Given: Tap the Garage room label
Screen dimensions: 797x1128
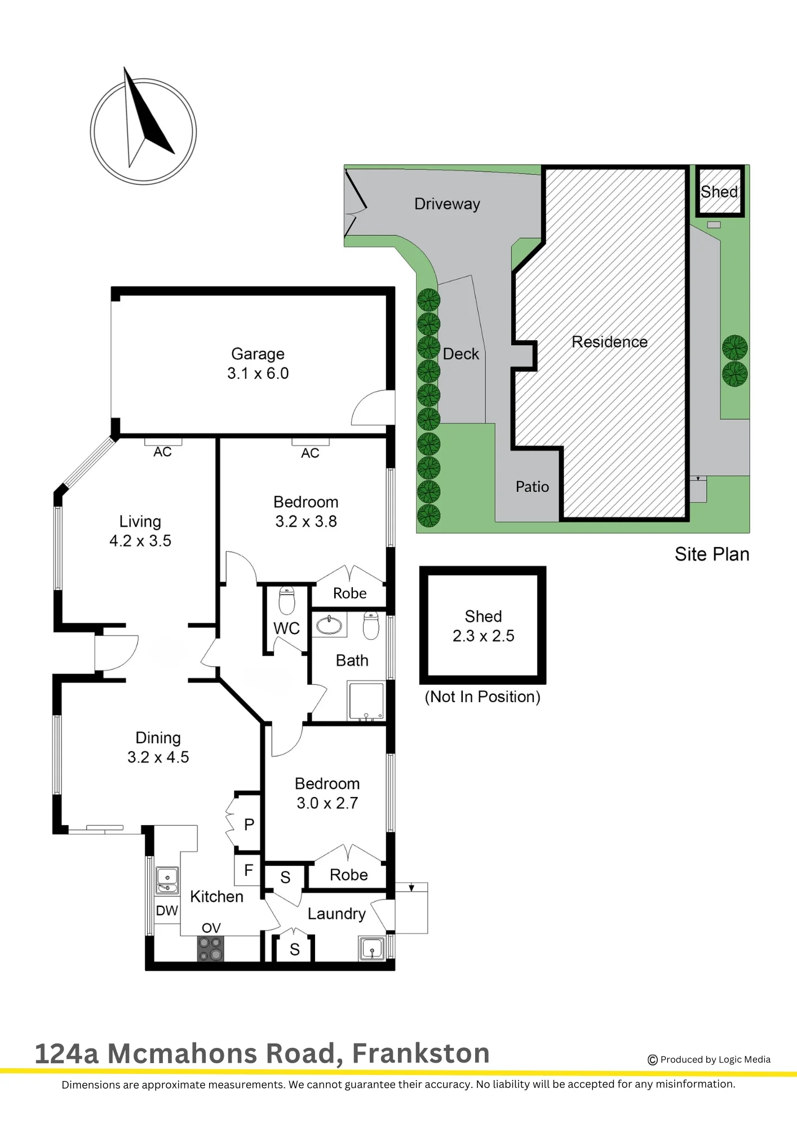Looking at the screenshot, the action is click(258, 354).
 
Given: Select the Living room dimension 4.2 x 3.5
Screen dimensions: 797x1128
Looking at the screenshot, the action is click(140, 541).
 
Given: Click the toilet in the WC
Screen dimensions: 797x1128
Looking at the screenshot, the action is click(287, 600).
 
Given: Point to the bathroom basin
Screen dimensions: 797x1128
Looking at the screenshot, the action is click(329, 625).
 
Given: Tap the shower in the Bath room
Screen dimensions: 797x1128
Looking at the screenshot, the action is click(366, 701).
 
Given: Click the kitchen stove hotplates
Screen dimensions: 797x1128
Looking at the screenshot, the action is click(210, 948).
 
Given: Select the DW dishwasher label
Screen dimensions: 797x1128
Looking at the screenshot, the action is click(167, 910).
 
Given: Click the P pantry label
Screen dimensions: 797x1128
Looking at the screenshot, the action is click(249, 825).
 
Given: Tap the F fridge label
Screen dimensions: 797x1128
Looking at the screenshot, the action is click(249, 870).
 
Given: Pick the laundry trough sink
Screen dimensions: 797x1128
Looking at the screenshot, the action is click(372, 948).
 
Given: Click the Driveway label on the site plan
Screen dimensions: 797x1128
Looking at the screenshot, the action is click(447, 204).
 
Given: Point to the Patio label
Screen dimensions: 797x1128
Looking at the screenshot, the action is click(532, 487).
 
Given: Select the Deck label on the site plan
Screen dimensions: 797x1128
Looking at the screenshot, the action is click(461, 354).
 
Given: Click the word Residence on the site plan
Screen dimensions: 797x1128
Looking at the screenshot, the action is click(609, 342).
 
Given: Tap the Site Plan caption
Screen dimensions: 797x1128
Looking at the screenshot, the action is click(712, 554).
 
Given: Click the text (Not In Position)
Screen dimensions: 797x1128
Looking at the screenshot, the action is click(482, 697).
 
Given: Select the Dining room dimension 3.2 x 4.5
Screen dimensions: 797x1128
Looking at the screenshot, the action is click(158, 757).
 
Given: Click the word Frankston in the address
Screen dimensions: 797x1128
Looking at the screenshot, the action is click(420, 1053).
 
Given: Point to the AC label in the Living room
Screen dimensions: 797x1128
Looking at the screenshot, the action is click(162, 452).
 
